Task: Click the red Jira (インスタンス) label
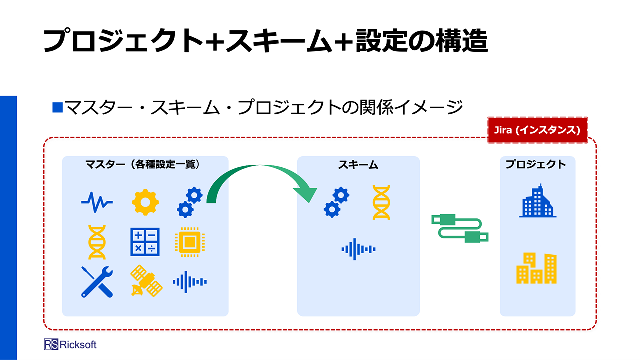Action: [x=537, y=130]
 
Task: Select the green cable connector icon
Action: [x=460, y=228]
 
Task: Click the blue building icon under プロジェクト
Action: [x=537, y=201]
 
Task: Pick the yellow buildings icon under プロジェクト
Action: [x=536, y=268]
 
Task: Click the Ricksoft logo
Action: [x=70, y=344]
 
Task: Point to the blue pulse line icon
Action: [x=97, y=202]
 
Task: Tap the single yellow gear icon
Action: [x=145, y=202]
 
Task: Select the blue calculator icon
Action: [x=145, y=242]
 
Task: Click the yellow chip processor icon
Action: [x=190, y=242]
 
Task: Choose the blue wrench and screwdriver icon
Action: [x=97, y=282]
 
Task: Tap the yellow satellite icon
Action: [x=146, y=281]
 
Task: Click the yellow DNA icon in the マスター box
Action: [x=97, y=242]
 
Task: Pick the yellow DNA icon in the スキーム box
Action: [x=381, y=202]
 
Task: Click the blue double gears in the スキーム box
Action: [x=336, y=202]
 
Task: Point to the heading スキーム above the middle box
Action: [x=358, y=165]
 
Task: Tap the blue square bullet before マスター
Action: [x=57, y=107]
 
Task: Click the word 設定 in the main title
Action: [x=381, y=41]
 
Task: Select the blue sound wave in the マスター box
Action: [x=190, y=282]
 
